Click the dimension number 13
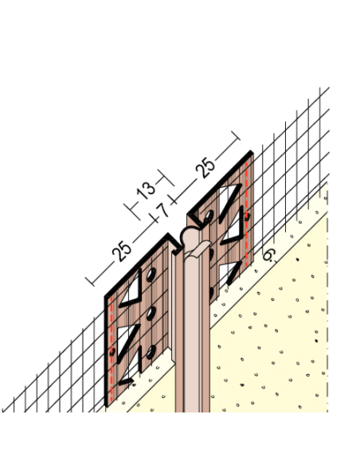point(146,190)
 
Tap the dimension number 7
point(162,210)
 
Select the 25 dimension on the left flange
point(122,252)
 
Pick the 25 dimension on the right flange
point(205,168)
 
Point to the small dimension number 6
point(269,256)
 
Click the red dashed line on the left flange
point(112,350)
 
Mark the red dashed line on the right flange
point(247,214)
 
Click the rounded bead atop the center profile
point(190,236)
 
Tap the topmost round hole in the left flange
point(151,275)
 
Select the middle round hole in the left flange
point(151,313)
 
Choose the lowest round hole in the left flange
point(151,352)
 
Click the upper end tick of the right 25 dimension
point(236,135)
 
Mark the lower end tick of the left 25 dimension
point(90,282)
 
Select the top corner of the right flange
point(252,151)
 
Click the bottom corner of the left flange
point(106,406)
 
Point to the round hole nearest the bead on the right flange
point(209,216)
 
